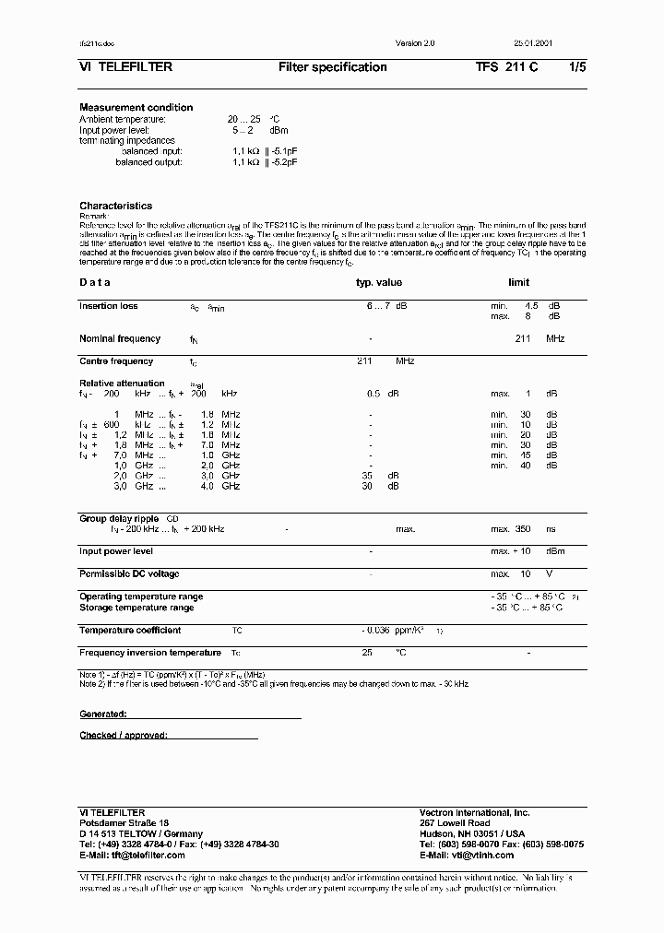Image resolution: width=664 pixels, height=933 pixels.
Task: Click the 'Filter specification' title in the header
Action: (332, 67)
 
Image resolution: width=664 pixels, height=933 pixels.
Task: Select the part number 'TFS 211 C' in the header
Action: (506, 67)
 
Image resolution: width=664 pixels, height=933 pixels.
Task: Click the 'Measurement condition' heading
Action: (136, 108)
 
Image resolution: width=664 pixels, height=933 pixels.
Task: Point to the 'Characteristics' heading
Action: (115, 206)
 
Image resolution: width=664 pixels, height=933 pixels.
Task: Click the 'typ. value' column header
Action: (379, 283)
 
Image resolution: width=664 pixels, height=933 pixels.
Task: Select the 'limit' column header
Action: (518, 283)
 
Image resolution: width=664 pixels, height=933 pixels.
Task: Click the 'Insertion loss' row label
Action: (109, 306)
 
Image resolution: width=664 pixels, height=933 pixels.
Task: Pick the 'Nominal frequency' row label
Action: (120, 339)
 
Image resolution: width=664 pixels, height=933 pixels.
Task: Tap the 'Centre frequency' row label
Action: (116, 361)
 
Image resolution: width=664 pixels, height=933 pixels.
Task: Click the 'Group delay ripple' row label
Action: (119, 519)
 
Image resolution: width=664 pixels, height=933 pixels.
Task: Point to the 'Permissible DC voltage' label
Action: (129, 574)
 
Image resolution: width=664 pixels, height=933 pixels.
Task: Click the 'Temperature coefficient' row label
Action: (130, 631)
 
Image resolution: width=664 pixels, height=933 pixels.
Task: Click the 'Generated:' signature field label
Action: (102, 715)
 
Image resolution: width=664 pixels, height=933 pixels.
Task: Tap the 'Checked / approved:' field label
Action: (124, 736)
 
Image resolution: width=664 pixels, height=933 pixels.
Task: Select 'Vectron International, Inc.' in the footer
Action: (474, 812)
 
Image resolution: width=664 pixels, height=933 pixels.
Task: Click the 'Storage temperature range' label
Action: (136, 608)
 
